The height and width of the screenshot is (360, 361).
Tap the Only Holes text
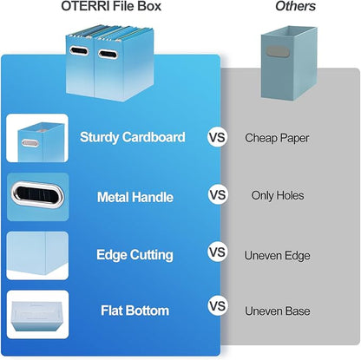click(x=278, y=196)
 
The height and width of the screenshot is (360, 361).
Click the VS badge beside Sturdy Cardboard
click(x=217, y=137)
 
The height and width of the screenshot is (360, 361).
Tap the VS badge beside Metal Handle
click(x=217, y=196)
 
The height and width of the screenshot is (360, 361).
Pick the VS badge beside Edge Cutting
click(x=217, y=253)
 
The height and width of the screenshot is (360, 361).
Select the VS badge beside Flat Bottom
click(x=217, y=306)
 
